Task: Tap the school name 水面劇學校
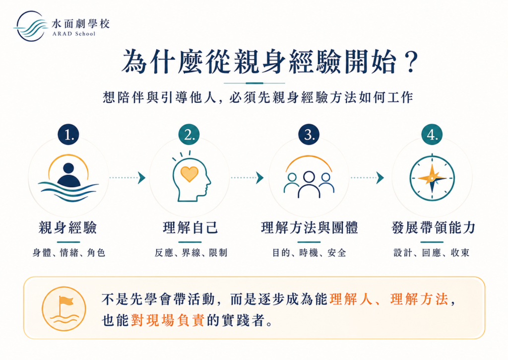tap(81, 24)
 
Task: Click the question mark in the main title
tap(411, 62)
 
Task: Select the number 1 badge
tap(68, 134)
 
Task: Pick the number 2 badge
tap(189, 134)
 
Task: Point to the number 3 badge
tap(309, 134)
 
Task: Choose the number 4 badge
tap(432, 134)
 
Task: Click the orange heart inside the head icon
tap(190, 173)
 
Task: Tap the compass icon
tap(432, 178)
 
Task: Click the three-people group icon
tap(309, 177)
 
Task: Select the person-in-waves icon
tap(68, 178)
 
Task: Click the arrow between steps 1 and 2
tap(127, 178)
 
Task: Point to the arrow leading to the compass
tap(368, 178)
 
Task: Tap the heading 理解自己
tap(190, 228)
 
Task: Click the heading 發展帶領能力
tap(433, 228)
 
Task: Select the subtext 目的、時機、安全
tap(309, 253)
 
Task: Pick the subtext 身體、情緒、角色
tap(68, 253)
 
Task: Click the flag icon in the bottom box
tap(64, 308)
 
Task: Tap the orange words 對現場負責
tap(168, 320)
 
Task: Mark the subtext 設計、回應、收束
tap(432, 253)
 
